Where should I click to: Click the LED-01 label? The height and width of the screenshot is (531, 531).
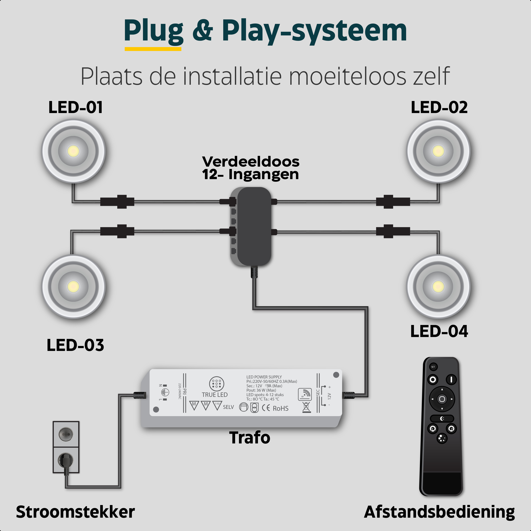click(76, 107)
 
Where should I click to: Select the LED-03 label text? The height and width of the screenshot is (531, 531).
click(75, 345)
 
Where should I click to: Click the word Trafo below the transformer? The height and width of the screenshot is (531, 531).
click(250, 438)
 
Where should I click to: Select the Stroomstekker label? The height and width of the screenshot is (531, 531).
click(75, 512)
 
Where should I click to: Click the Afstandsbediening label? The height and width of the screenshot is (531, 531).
click(439, 512)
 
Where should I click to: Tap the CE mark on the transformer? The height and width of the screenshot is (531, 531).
click(266, 408)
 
